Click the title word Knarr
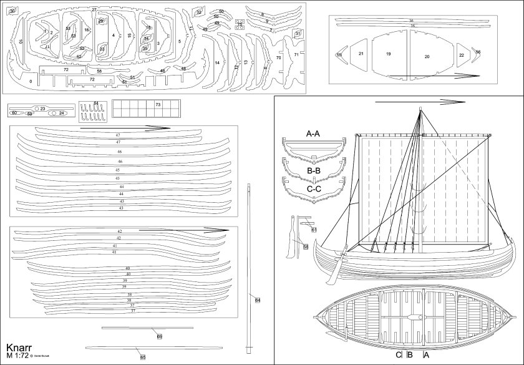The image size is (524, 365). coord(18,348)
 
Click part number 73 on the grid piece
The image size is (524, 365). coord(158,105)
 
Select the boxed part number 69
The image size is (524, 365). coord(160,337)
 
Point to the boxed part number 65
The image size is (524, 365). coord(143,357)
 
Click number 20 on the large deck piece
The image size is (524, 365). coord(427,57)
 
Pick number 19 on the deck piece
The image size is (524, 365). coord(388,54)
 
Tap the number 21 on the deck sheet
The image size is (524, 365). coord(361,54)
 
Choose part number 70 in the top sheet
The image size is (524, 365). coord(278,57)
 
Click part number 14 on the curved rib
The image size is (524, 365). coord(217,62)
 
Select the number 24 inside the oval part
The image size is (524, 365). coord(62,114)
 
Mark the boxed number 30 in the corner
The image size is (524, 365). coord(12,11)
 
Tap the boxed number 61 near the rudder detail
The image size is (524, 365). coord(314,230)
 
